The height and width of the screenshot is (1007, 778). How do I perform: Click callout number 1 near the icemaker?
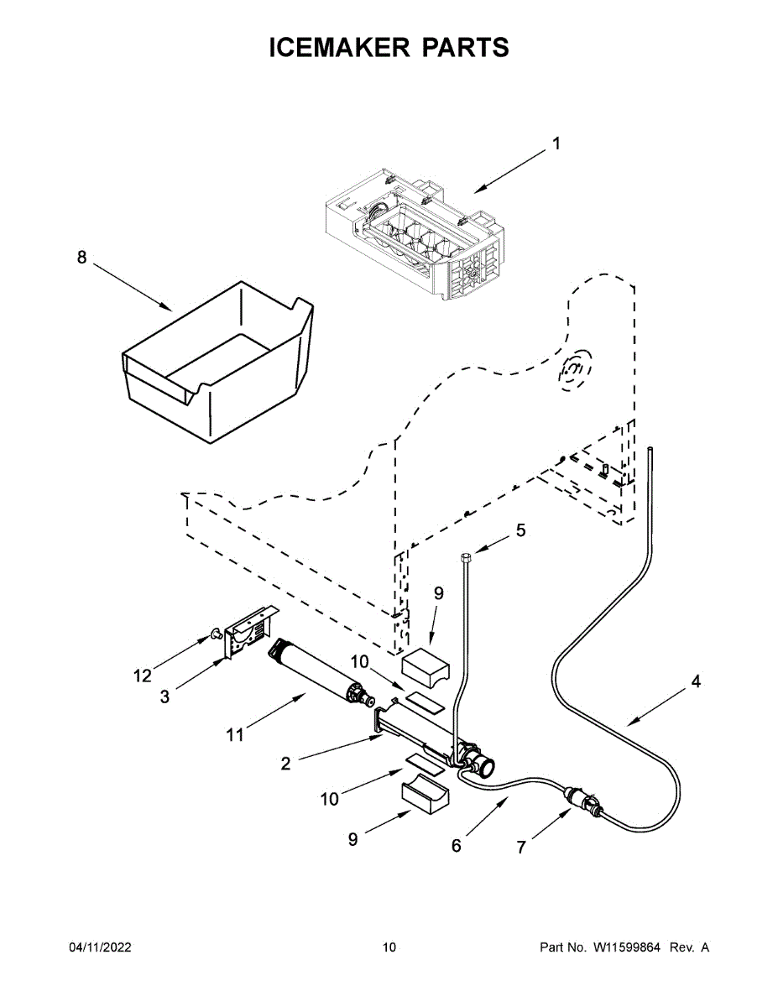(x=555, y=144)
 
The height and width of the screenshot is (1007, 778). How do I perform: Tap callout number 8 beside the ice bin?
(x=82, y=258)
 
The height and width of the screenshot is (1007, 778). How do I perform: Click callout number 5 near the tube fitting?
(x=520, y=530)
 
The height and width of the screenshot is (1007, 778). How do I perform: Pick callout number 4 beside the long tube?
(x=696, y=682)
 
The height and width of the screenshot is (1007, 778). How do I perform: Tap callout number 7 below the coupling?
(x=521, y=848)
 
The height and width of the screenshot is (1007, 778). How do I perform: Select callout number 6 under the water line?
(x=456, y=846)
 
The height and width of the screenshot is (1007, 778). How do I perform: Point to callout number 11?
(x=235, y=735)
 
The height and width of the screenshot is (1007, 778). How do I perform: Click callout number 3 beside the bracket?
(x=164, y=696)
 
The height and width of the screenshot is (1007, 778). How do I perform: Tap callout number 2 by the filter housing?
(x=285, y=764)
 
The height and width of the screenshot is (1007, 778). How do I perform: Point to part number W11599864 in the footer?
(x=627, y=947)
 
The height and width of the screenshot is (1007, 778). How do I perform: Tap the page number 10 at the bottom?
(x=389, y=947)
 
